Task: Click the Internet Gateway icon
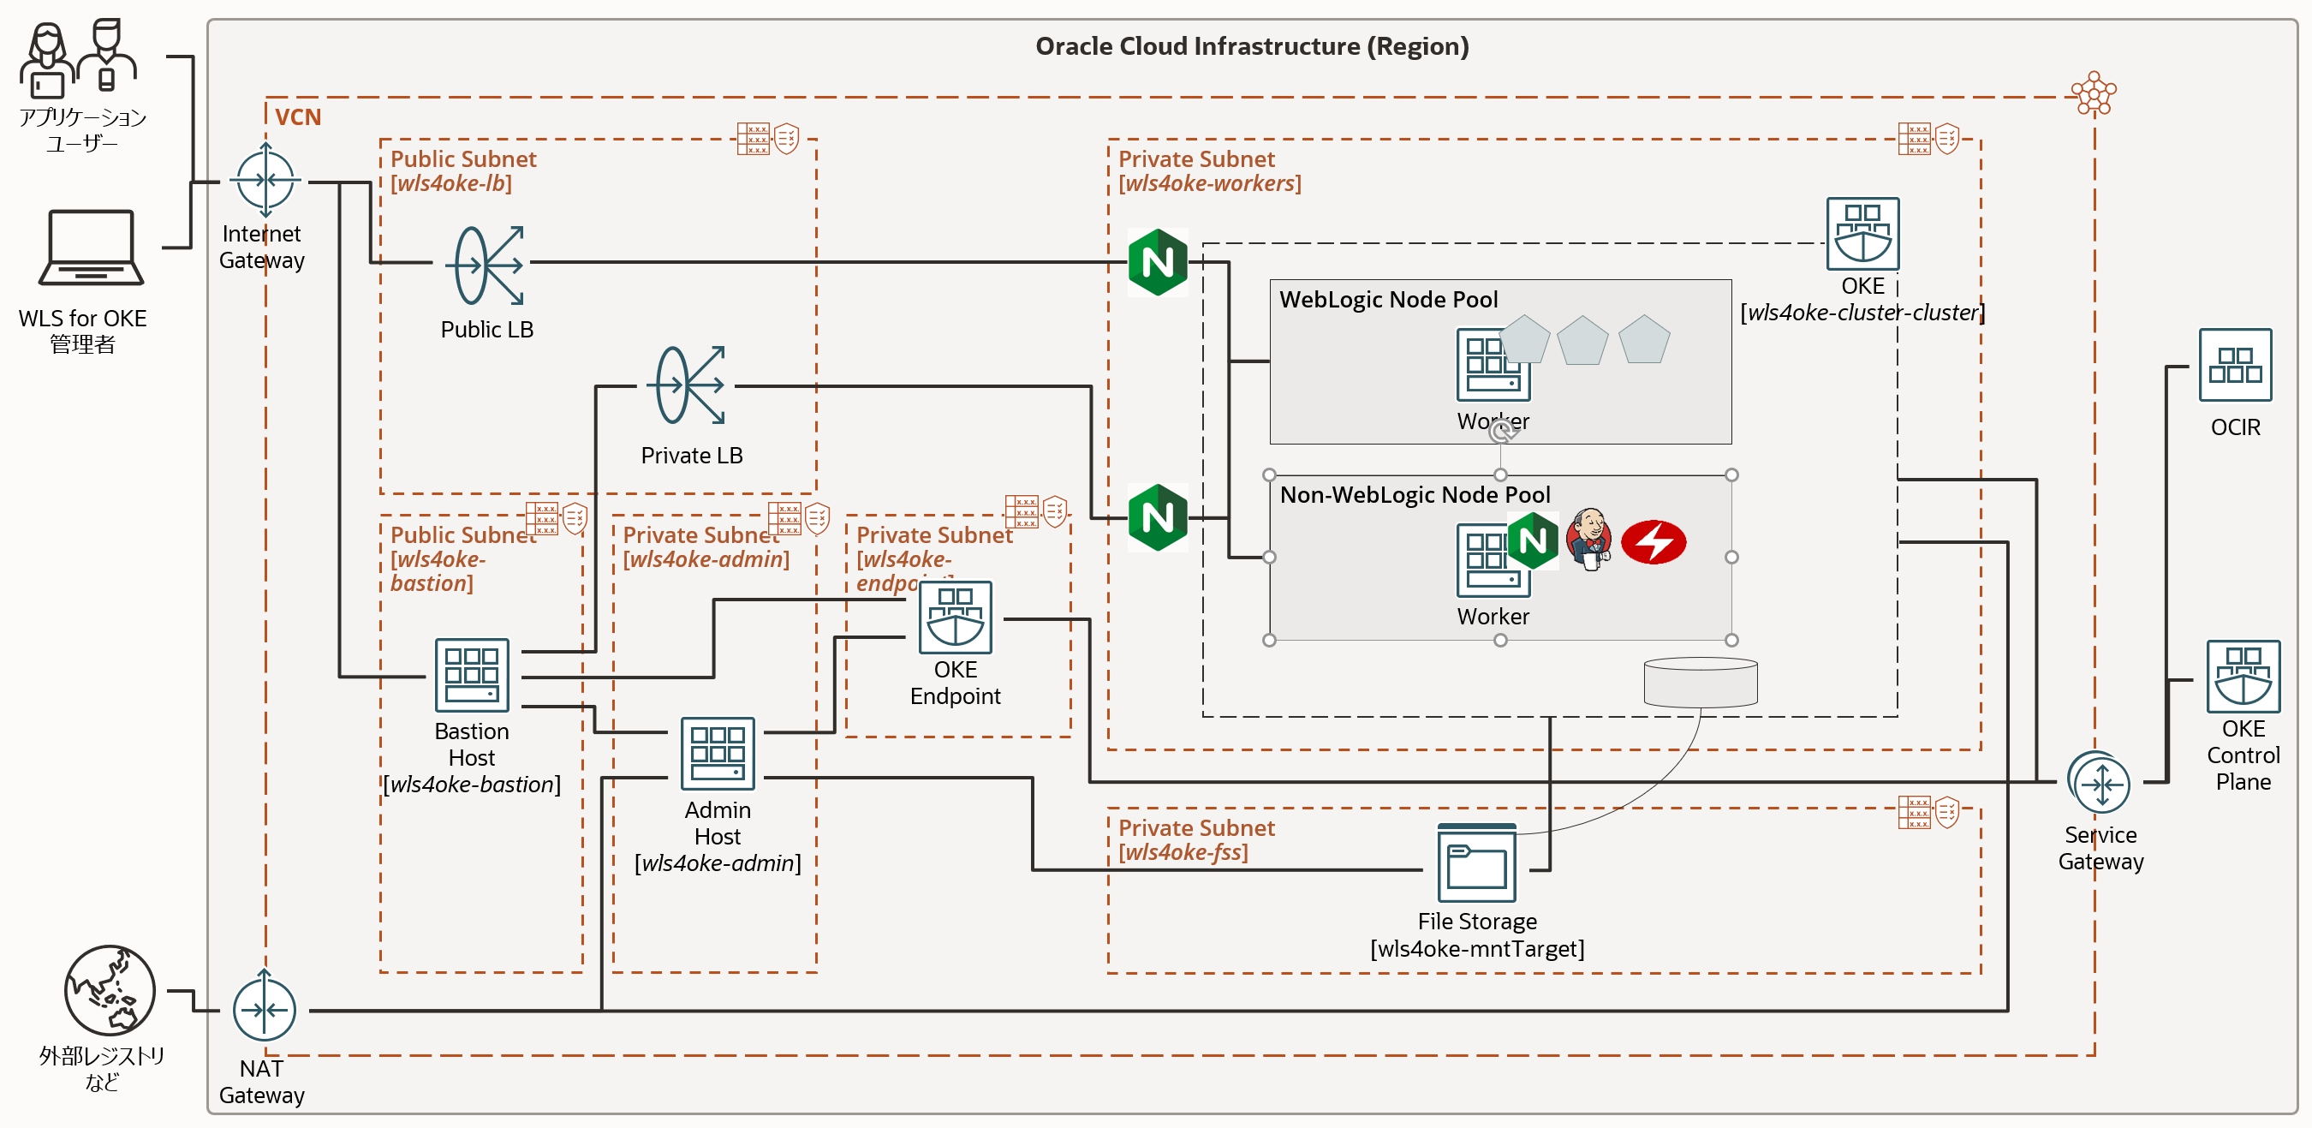265,180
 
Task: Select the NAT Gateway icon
264,1010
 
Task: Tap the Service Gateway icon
2101,785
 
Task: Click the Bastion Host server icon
471,675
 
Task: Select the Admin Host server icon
717,753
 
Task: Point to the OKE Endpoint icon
955,618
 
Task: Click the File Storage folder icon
1476,863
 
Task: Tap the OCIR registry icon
2235,365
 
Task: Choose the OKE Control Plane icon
2243,677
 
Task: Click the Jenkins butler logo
1588,540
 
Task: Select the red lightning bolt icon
1654,542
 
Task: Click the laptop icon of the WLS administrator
91,248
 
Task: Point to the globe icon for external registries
110,990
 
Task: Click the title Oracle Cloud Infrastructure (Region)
1251,45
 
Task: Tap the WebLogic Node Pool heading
1387,299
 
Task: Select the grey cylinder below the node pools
1700,682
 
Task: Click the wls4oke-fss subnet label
1183,851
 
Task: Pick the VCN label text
297,116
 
